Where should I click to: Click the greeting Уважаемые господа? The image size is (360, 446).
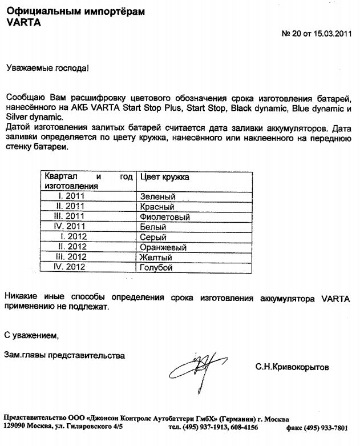click(x=47, y=68)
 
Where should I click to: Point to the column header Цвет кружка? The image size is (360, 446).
click(x=164, y=177)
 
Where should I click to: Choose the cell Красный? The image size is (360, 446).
click(x=157, y=207)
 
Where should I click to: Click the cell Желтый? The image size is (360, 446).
click(x=156, y=258)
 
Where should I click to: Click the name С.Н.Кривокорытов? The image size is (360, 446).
click(x=292, y=367)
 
